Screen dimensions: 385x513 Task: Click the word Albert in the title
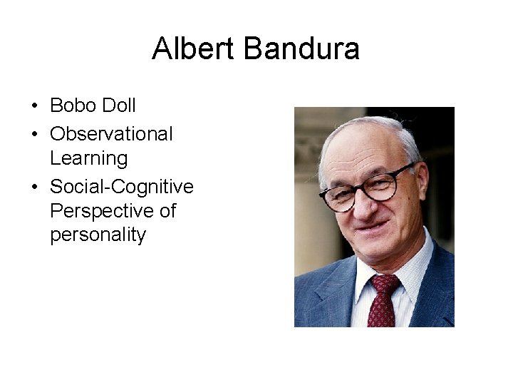click(194, 49)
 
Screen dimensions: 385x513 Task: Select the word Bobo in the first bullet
click(71, 106)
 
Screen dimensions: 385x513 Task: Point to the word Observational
click(111, 133)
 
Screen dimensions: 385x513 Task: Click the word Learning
click(88, 158)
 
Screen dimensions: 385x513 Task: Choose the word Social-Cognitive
click(121, 187)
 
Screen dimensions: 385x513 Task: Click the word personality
click(98, 235)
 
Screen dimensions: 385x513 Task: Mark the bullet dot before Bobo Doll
click(34, 107)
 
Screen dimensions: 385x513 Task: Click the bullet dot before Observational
click(34, 134)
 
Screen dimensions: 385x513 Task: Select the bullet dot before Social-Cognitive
click(34, 188)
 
